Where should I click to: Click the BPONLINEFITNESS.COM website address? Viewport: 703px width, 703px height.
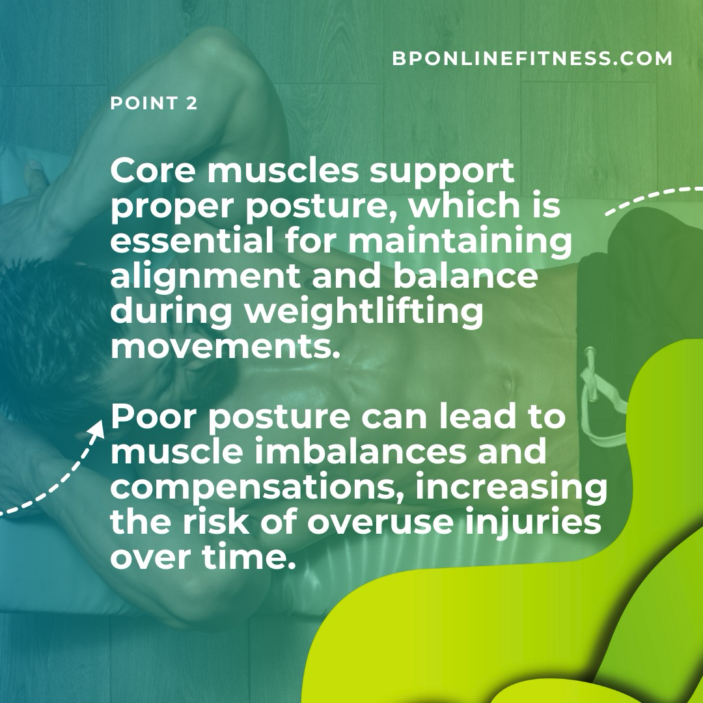(x=532, y=59)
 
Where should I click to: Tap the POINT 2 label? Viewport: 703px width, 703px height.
(x=154, y=103)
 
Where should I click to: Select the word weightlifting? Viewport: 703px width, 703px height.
(x=364, y=313)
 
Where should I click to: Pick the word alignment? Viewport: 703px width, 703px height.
(x=205, y=278)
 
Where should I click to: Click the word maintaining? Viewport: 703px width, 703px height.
(x=460, y=243)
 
